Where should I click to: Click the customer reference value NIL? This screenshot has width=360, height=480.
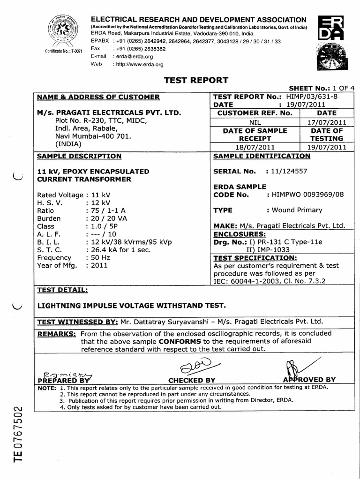pos(255,121)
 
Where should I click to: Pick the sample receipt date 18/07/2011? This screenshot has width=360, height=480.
pos(255,147)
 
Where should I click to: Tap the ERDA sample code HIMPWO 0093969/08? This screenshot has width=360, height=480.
pos(308,195)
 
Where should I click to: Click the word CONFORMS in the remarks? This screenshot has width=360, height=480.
pos(178,341)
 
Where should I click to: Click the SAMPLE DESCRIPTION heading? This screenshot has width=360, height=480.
pos(79,156)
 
